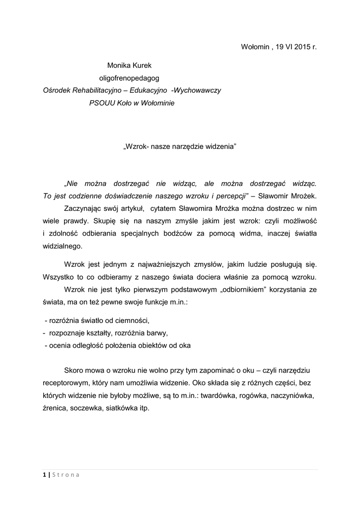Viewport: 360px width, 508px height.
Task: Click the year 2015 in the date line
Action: click(302, 47)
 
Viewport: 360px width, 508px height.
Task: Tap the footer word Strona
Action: click(66, 475)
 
